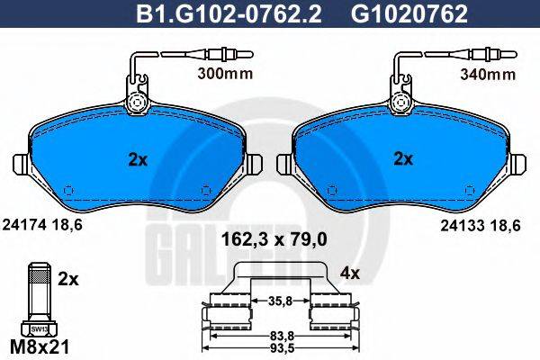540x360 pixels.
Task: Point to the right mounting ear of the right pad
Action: point(521,166)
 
